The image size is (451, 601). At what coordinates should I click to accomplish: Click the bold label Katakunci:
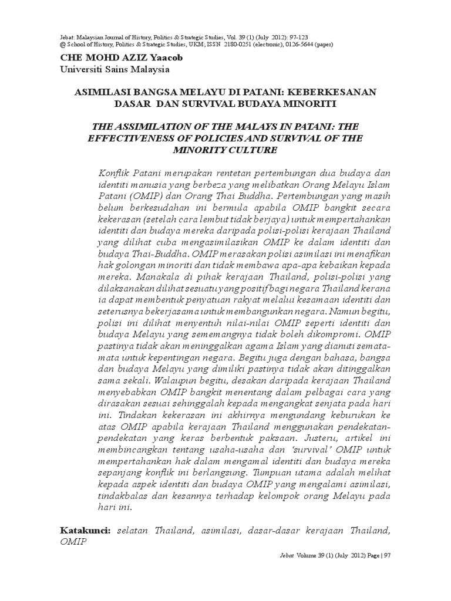[86, 530]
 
